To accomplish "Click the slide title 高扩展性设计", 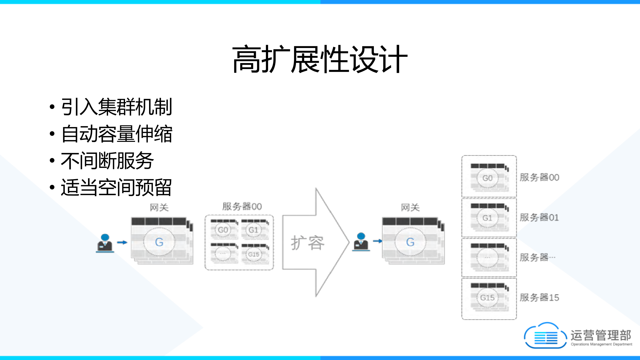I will coord(320,59).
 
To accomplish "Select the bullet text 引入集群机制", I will coord(117,107).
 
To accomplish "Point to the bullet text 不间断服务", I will coord(107,161).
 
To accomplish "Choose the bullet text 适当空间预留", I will coord(117,187).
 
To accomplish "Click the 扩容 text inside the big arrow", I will coord(307,243).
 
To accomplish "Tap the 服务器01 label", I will coord(539,217).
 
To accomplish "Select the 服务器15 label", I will coord(539,297).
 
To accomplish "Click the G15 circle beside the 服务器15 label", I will coord(487,297).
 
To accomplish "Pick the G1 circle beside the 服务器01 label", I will coord(487,218).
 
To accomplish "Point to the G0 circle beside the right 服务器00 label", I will coord(487,178).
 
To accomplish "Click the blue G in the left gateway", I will coord(159,242).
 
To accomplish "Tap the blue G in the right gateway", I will coord(410,242).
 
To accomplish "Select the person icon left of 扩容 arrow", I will coord(105,243).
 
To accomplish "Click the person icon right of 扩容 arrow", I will coord(361,242).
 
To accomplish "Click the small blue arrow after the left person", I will coord(122,242).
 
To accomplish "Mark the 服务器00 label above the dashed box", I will coord(242,207).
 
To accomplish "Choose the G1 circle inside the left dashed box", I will coord(253,230).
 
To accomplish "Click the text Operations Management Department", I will coord(601,344).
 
